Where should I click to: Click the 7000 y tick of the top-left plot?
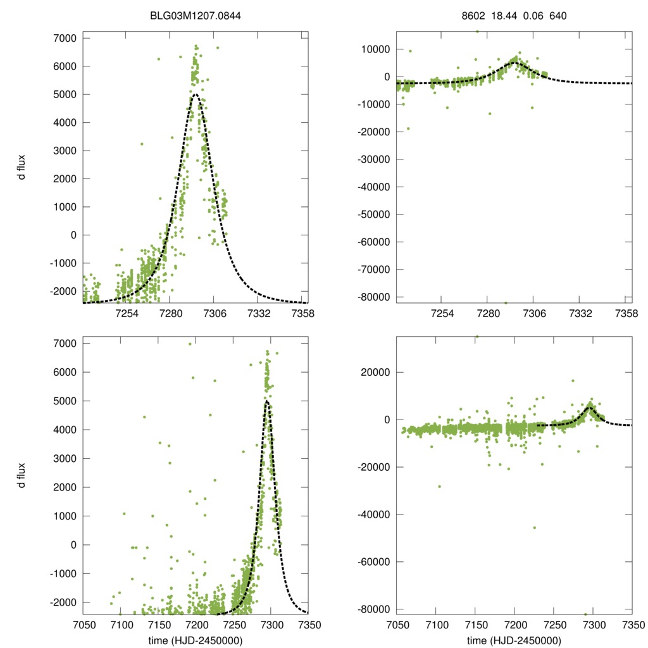(x=63, y=39)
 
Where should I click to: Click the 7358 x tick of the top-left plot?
(x=301, y=314)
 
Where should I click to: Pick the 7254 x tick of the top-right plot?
(x=442, y=314)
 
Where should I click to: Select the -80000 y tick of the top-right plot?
(x=372, y=297)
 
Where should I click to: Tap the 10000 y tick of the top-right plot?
(x=376, y=49)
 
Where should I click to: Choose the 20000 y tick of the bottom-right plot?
(x=376, y=372)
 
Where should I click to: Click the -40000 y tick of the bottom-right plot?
(x=372, y=514)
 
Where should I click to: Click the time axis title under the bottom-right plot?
(x=514, y=640)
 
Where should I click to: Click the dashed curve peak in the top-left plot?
(x=196, y=95)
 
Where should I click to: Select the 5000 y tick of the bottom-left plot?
(x=63, y=401)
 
